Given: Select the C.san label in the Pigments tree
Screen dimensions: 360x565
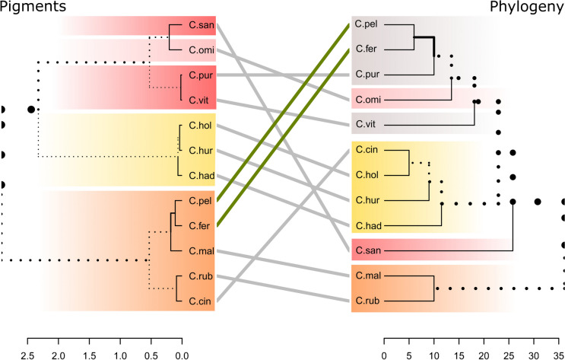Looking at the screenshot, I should pos(200,25).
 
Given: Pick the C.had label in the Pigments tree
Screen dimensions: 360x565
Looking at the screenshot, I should pos(200,176).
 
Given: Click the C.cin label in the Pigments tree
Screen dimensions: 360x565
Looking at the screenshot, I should pos(200,301).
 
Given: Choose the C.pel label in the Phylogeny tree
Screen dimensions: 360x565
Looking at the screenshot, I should pos(367,25).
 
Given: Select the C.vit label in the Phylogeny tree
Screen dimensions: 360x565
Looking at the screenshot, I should pos(367,125).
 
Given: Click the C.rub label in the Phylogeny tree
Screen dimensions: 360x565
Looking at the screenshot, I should pos(368,301).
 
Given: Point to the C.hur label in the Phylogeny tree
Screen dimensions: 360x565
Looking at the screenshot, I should pos(368,201).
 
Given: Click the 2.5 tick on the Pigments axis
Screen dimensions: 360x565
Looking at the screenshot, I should pos(27,352).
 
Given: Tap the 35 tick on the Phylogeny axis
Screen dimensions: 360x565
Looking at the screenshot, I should pos(559,352).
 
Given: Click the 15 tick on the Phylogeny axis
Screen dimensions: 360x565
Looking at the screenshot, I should pos(459,352).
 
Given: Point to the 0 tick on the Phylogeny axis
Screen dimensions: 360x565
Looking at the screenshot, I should pos(384,352).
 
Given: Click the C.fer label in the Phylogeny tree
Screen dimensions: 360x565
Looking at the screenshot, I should pos(367,50).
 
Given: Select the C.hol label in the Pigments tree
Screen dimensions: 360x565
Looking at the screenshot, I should pos(200,126).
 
